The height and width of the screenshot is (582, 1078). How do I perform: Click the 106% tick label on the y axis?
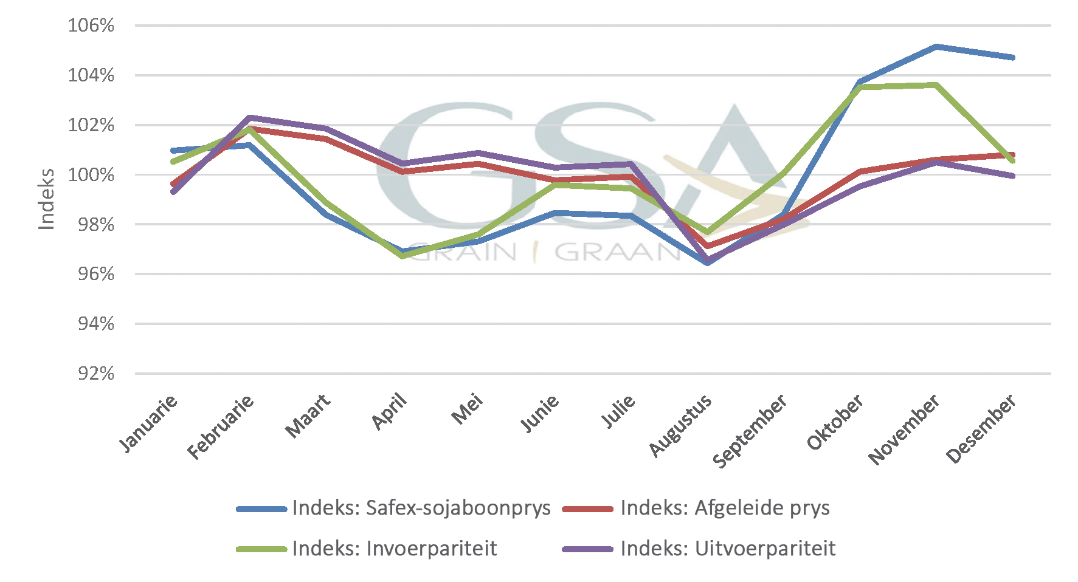coord(91,26)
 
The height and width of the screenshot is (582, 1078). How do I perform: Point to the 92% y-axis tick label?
coord(96,373)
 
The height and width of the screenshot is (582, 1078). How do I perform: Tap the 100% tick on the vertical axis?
coord(91,175)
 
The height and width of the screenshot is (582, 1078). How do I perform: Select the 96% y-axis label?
coord(96,274)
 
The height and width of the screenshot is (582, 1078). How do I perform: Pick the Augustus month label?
coord(680,425)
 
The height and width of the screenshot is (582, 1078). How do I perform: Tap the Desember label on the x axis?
coord(981,428)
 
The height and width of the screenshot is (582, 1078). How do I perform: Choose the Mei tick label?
coord(467,409)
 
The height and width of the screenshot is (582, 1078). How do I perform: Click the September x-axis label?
coord(750,431)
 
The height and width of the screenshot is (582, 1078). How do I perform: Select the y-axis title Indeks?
coord(47,199)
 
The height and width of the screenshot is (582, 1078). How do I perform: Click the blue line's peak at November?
coord(936,46)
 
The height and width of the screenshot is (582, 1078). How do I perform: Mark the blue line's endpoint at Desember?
coord(1012,58)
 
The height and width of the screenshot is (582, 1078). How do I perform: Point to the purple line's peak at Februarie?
coord(249,117)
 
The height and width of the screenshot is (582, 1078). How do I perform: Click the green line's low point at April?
coord(402,256)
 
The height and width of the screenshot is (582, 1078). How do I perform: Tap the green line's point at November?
coord(936,85)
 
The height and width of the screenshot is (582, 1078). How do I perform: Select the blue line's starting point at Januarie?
coord(174,150)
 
